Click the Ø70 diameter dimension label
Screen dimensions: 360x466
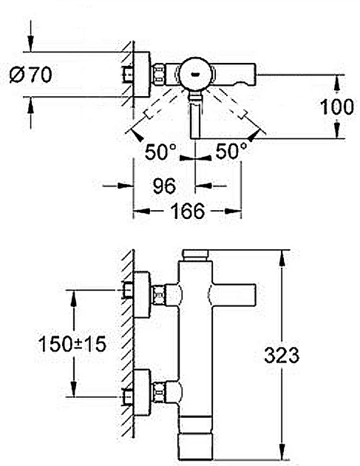[30, 75]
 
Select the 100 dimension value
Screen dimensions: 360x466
[337, 107]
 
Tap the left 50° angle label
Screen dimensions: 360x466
[160, 152]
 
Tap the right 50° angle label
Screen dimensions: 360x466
[231, 151]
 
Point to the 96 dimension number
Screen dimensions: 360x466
[164, 186]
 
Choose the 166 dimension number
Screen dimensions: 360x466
[188, 211]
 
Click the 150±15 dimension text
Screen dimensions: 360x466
[72, 344]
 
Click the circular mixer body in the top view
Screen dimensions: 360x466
[196, 74]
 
